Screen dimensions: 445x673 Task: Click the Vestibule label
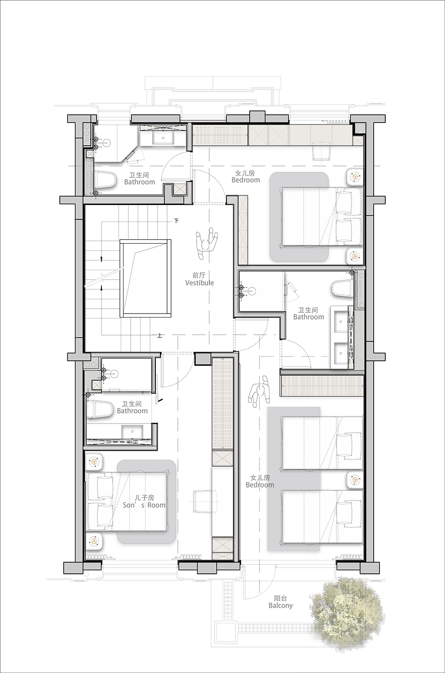[199, 283]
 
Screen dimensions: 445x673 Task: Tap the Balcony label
[281, 605]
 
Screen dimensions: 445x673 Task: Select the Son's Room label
[144, 505]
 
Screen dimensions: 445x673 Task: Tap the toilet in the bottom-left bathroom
[98, 409]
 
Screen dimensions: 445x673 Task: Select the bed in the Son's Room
[127, 502]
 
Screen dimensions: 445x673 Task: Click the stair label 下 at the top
[176, 221]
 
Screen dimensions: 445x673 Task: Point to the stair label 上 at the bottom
[160, 335]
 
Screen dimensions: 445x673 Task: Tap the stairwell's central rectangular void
[145, 278]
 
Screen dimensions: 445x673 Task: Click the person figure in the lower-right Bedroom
[259, 392]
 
